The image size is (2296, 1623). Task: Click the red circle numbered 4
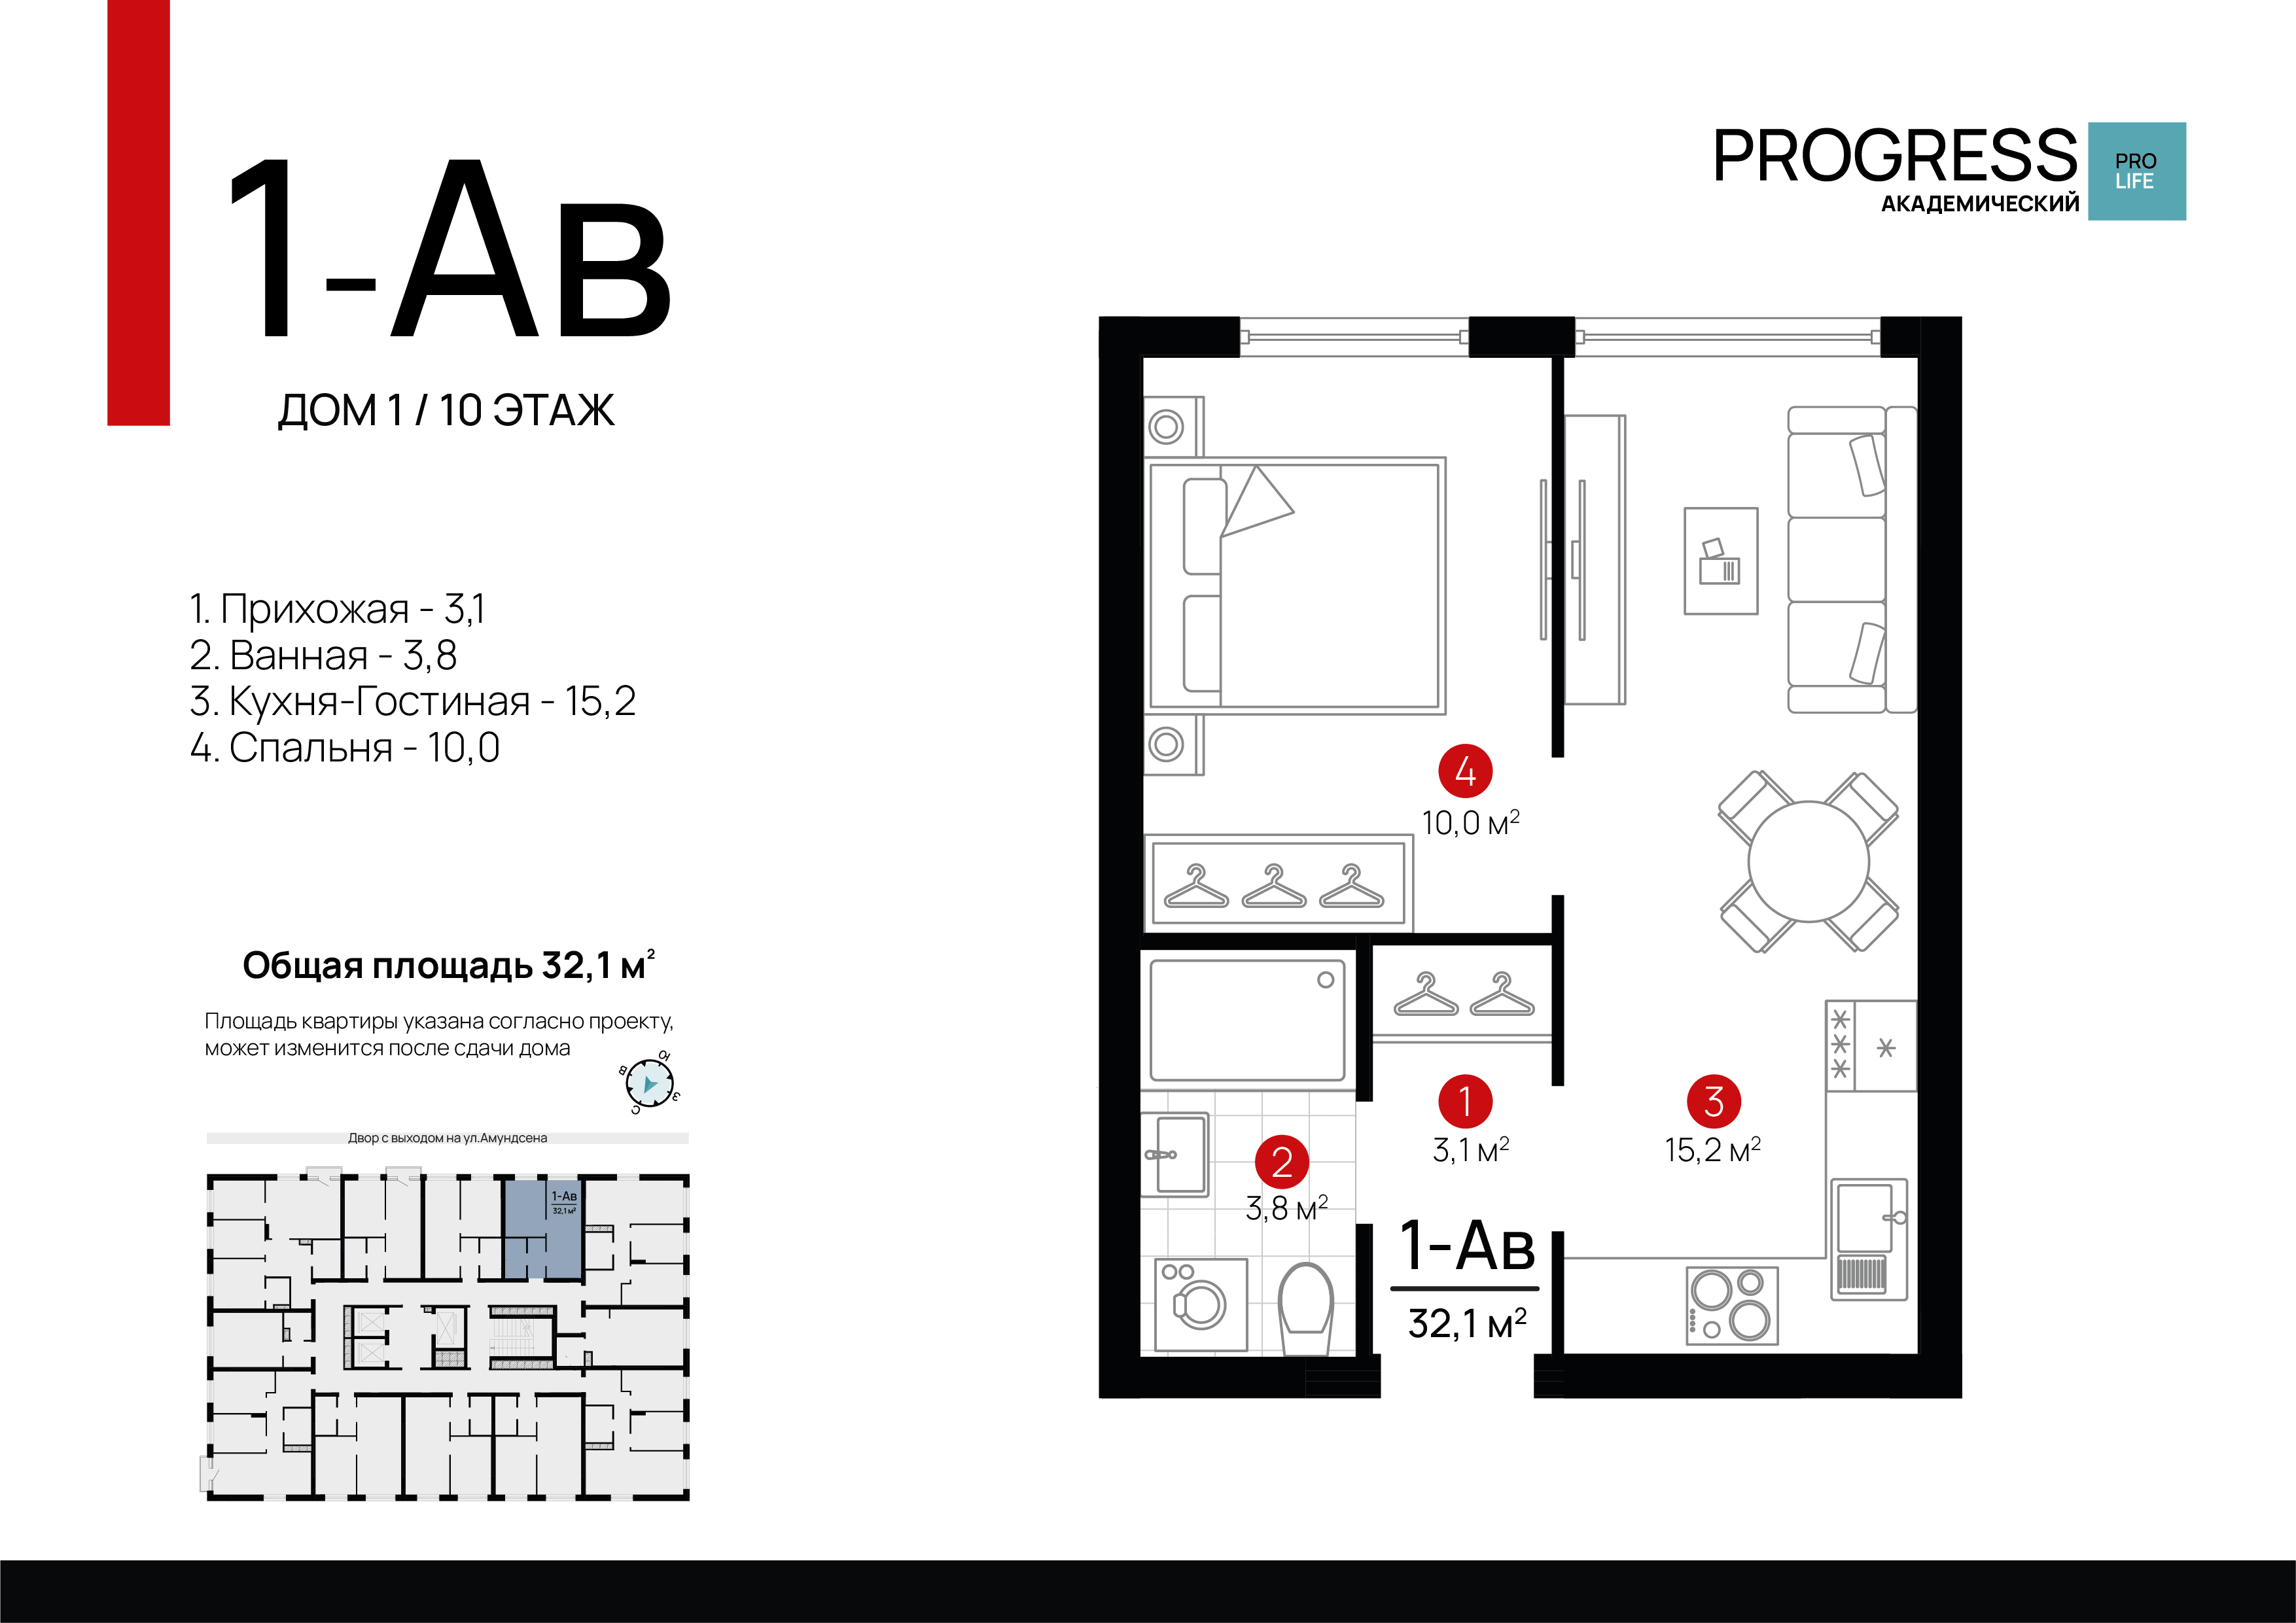1465,771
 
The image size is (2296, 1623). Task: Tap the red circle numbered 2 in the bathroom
1282,1162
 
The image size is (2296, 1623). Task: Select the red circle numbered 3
1714,1101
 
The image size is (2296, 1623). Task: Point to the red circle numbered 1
1465,1101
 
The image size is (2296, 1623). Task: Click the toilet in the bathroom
1306,1305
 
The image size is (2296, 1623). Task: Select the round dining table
1808,861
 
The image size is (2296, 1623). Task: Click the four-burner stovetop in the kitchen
1732,1305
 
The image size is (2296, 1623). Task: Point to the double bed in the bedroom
1297,586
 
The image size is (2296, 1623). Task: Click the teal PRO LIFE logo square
2137,171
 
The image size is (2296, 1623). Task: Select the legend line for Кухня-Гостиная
413,701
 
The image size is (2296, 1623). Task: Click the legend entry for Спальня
345,748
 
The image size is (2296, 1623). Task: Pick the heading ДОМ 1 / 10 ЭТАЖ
446,411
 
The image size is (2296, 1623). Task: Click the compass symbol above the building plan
650,1084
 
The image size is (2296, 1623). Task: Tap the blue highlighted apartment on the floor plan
541,1230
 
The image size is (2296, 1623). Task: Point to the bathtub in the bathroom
1248,1020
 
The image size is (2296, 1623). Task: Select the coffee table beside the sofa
1721,561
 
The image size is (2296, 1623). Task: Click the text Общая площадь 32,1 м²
449,965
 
